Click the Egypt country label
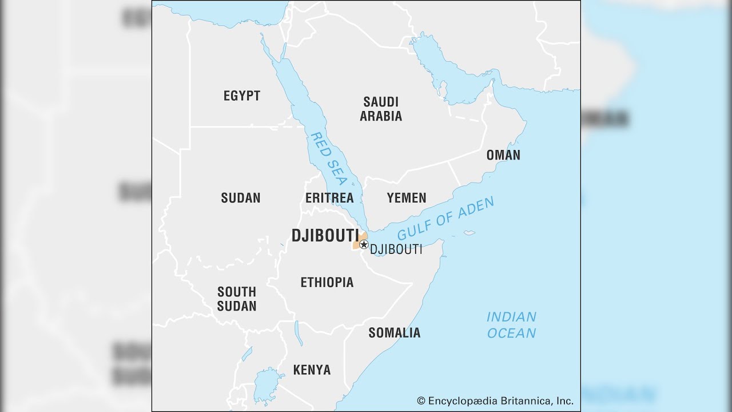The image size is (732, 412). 241,96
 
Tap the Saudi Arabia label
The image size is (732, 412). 380,109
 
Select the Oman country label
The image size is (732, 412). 503,155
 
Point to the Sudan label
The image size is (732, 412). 240,198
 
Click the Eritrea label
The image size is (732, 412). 329,198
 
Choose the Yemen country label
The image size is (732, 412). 406,198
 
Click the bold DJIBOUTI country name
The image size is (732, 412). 324,236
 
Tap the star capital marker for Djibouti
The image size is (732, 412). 364,244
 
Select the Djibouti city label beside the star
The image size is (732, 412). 396,249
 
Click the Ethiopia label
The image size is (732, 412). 327,282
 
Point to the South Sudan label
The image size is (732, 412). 236,299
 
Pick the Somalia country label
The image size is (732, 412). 394,332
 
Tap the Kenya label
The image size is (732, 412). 312,370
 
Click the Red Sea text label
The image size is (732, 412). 328,159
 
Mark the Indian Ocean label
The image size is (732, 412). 511,324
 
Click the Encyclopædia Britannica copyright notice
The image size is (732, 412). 495,401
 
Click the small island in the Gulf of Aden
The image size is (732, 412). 469,233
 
